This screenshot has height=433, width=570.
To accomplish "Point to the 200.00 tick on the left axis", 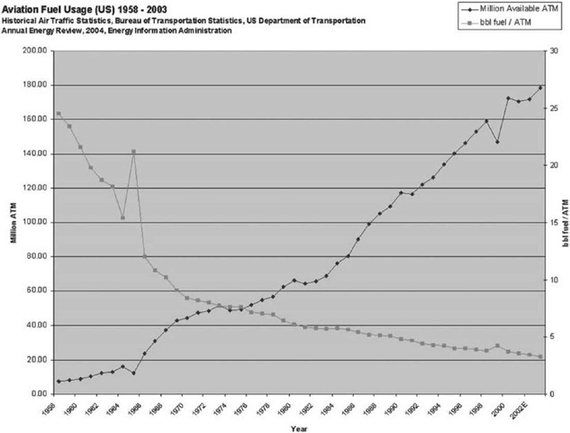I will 33,51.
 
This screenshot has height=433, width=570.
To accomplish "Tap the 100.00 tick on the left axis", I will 33,222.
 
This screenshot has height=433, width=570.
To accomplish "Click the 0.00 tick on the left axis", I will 37,394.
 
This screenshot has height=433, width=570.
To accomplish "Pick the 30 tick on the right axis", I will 555,51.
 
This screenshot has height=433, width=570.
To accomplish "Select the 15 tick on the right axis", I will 555,222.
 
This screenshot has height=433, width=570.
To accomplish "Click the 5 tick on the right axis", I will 553,336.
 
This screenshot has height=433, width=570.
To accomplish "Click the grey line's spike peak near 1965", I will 133,152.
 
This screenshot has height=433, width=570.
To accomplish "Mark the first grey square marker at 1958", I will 59,114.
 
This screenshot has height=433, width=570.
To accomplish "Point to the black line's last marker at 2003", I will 539,88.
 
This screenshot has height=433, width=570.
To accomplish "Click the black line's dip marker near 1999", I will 497,142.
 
